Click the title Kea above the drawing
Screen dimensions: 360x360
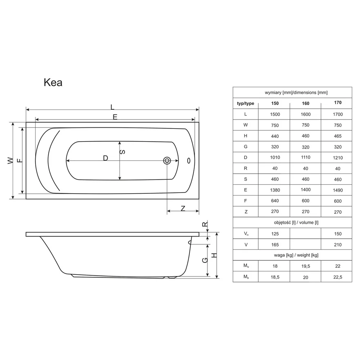[53, 82]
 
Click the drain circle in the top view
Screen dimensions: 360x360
[167, 161]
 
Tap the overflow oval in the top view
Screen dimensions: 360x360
[189, 161]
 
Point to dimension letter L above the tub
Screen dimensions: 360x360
[112, 107]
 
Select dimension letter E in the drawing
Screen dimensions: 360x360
[115, 117]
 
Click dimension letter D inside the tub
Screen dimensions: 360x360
[105, 158]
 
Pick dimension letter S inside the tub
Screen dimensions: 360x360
[123, 152]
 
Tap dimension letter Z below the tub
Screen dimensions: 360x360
[183, 208]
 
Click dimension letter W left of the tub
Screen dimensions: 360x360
[10, 161]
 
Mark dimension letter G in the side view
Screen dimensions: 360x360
[205, 260]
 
